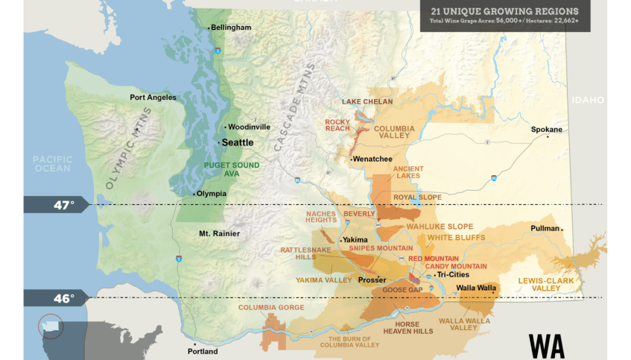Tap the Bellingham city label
(231, 28)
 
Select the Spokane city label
(546, 130)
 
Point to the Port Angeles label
(153, 98)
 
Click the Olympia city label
(211, 194)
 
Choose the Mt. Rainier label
(219, 234)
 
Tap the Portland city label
(203, 351)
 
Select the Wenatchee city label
(372, 160)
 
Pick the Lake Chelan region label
(367, 101)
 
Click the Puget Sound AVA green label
(232, 169)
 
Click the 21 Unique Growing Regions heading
(504, 12)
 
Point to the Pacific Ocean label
(52, 163)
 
